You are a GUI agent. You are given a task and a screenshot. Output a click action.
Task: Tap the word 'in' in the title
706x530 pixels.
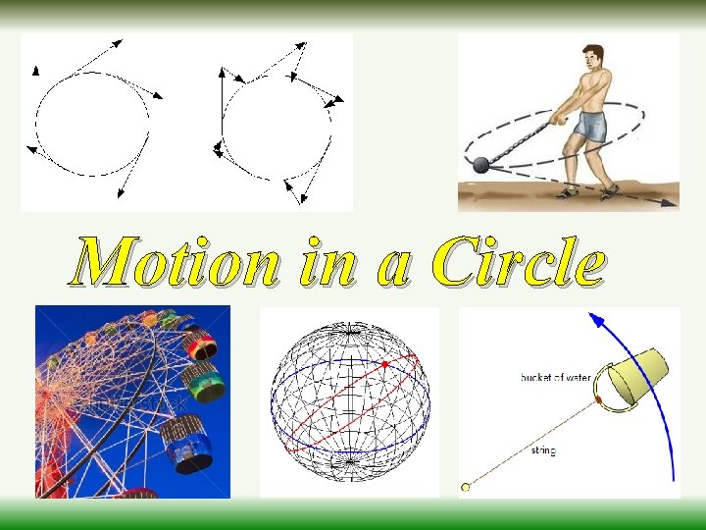point(325,263)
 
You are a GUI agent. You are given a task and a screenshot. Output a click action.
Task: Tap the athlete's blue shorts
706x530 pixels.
point(591,126)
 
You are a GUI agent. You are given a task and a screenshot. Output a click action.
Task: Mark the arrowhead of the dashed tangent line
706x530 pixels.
point(670,204)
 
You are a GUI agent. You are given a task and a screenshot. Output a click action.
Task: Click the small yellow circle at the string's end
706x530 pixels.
point(467,486)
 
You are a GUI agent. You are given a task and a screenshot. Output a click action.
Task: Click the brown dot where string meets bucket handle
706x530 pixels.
point(598,401)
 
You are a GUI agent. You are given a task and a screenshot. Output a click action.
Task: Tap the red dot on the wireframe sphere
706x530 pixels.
point(384,364)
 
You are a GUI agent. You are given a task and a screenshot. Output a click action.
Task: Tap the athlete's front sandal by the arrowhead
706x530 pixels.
point(610,190)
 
